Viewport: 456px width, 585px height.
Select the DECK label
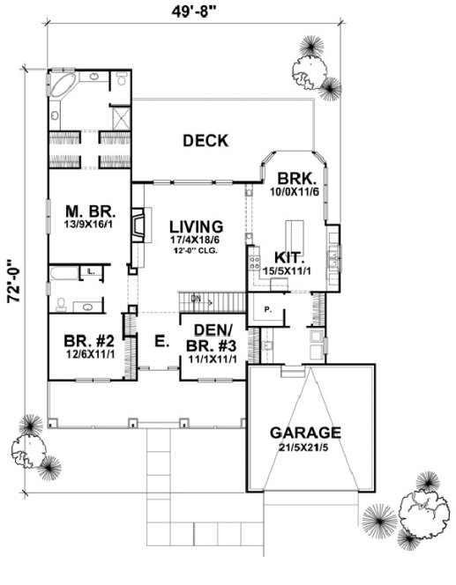(x=206, y=141)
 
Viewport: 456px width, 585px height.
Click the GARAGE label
(x=306, y=433)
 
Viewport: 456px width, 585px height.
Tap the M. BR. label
(x=86, y=211)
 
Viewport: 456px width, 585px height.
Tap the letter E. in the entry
(x=160, y=342)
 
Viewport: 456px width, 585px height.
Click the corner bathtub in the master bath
(x=63, y=85)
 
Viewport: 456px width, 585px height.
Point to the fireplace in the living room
(x=138, y=226)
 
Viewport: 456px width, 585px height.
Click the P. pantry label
(x=267, y=310)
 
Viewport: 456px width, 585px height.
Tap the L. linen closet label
(x=92, y=272)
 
